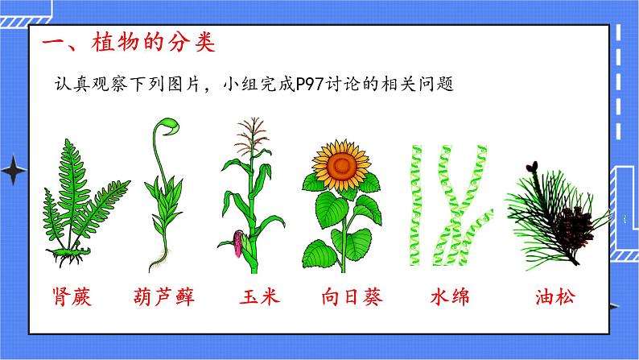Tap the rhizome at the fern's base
click(x=71, y=259)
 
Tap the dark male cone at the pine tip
click(x=531, y=168)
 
